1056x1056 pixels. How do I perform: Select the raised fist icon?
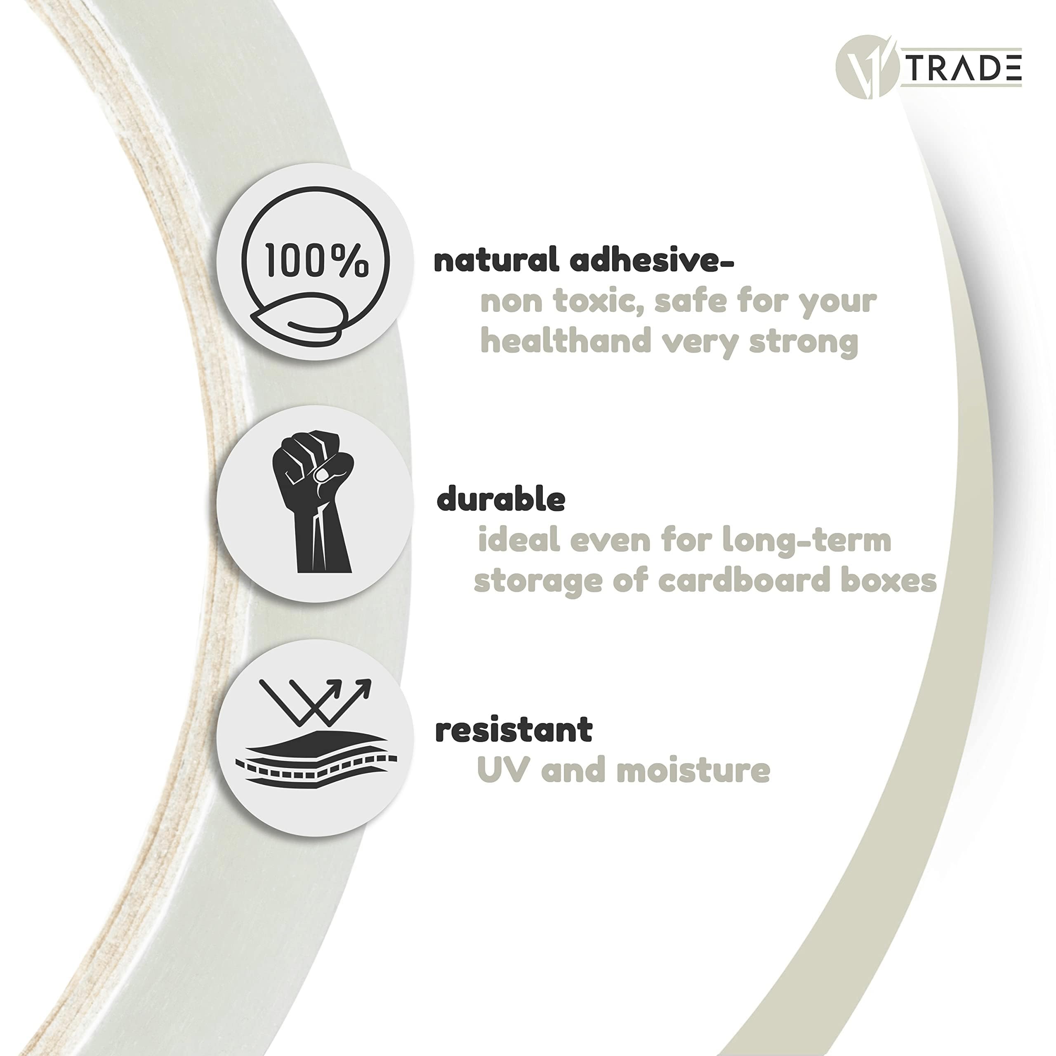[x=313, y=501]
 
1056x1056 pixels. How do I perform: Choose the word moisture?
[x=693, y=770]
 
